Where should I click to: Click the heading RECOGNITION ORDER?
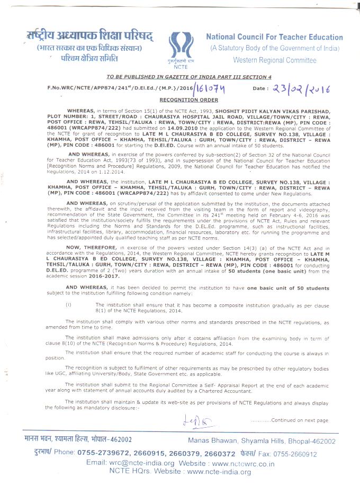pos(181,100)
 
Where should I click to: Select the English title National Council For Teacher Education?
pos(274,37)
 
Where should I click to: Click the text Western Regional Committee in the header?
pos(274,60)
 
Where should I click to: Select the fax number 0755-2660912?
pos(295,454)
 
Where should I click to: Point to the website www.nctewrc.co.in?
pos(241,463)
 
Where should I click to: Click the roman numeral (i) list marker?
pos(68,305)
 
